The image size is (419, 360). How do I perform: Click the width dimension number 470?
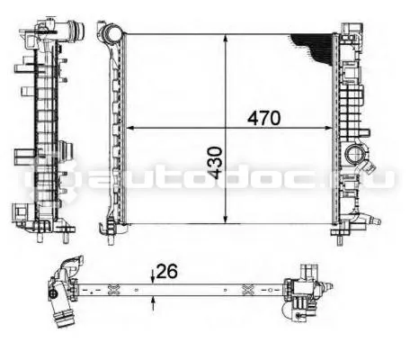click(264, 118)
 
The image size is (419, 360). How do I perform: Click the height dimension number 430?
click(215, 163)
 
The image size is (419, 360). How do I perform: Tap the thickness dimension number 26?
click(167, 271)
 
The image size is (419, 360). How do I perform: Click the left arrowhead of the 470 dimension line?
click(130, 129)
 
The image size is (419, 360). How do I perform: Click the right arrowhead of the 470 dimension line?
click(329, 129)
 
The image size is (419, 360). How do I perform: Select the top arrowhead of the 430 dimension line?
click(226, 39)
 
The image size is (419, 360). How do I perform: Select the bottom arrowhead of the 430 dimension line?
click(226, 220)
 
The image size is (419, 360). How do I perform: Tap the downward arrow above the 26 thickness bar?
click(153, 276)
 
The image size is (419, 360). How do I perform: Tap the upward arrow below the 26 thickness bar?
click(153, 303)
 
